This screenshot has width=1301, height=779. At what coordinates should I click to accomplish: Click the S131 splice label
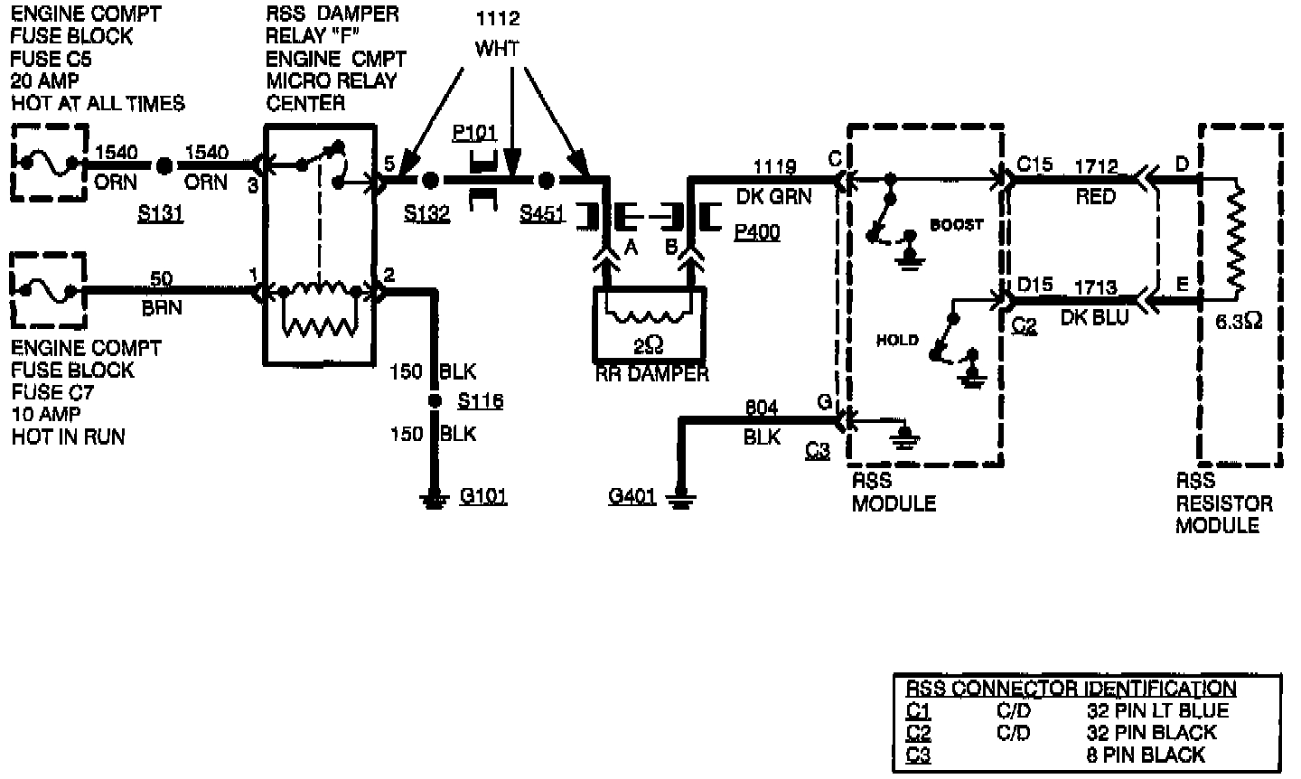pos(160,214)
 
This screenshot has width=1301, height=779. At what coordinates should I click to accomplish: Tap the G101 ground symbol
pos(435,500)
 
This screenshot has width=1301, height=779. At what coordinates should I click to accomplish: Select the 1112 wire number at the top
pos(497,19)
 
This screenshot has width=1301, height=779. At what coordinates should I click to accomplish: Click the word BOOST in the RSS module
pos(956,225)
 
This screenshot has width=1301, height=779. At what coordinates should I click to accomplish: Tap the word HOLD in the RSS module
pos(897,340)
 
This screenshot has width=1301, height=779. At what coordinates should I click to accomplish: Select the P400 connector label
pos(756,233)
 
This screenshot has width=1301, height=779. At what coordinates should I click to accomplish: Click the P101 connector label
pos(474,135)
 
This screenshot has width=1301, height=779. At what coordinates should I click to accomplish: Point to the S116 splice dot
pos(435,400)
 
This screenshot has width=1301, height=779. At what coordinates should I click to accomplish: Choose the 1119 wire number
pos(776,167)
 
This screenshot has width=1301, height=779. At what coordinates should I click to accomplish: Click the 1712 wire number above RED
pos(1096,167)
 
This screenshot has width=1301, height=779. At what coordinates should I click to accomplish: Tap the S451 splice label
pos(542,214)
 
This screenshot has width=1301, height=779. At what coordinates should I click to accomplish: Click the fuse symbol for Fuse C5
pos(49,164)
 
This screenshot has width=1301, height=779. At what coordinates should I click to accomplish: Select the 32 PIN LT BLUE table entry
pos(1157,710)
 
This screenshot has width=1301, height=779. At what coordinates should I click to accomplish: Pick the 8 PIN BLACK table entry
pos(1146,756)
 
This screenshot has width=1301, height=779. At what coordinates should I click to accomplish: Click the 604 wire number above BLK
pos(762,408)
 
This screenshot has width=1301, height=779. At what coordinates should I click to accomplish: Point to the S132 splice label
pos(427,214)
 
